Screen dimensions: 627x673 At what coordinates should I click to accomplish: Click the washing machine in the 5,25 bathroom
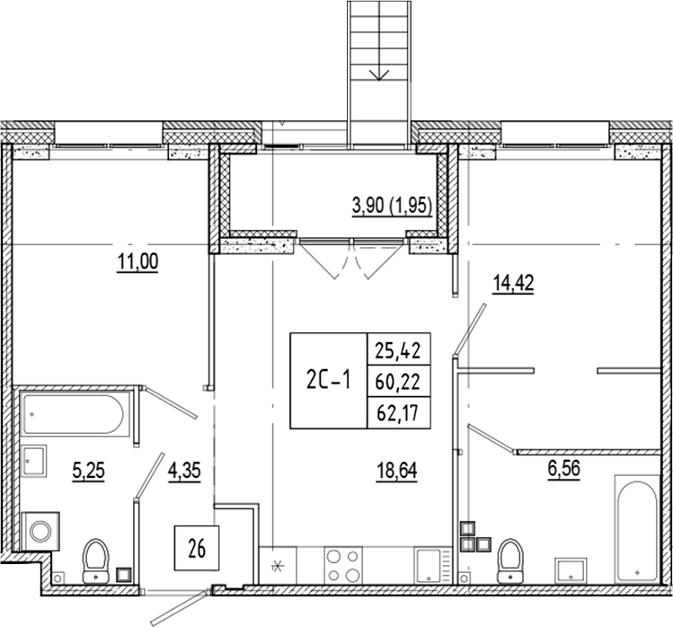click(41, 531)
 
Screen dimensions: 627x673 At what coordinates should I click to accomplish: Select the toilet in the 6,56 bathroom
click(511, 559)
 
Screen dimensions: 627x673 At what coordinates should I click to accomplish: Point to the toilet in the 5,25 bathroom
click(95, 561)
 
